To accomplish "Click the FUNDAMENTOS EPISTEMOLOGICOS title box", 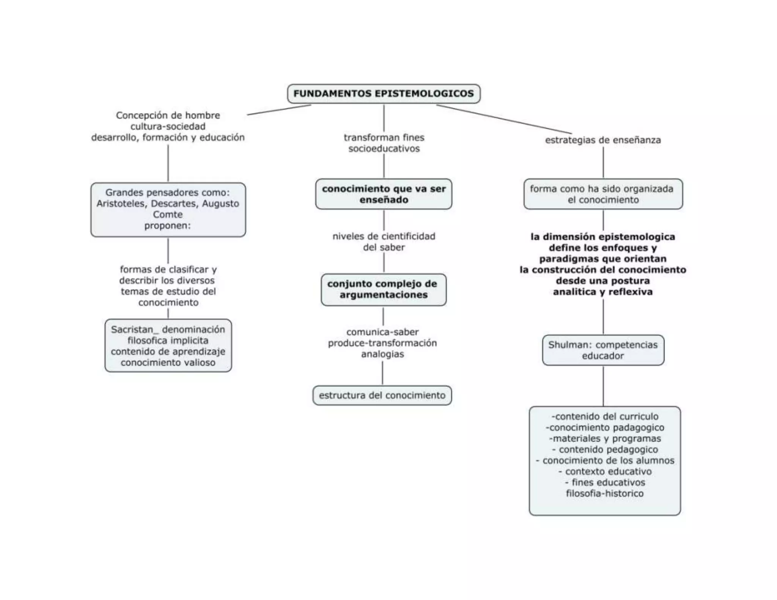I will point(384,94).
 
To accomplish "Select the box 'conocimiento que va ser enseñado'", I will point(384,194).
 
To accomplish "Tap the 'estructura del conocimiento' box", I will point(382,396).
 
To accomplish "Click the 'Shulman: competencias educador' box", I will point(603,350).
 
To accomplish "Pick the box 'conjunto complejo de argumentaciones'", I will point(383,289).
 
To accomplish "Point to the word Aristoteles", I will point(121,204).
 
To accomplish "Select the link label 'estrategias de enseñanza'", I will point(603,140).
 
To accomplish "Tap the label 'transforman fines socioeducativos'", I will point(384,143).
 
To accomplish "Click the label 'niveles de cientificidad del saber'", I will point(384,242).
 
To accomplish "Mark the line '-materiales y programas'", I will point(605,439).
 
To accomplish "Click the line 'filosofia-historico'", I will point(605,494).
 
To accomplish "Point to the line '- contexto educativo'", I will point(605,472).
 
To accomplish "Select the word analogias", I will point(382,354).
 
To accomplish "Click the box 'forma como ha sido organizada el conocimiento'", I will point(603,194).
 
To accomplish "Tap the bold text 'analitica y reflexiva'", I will point(603,292).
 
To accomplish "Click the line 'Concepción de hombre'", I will point(168,115).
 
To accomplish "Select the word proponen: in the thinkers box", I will point(167,226).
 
